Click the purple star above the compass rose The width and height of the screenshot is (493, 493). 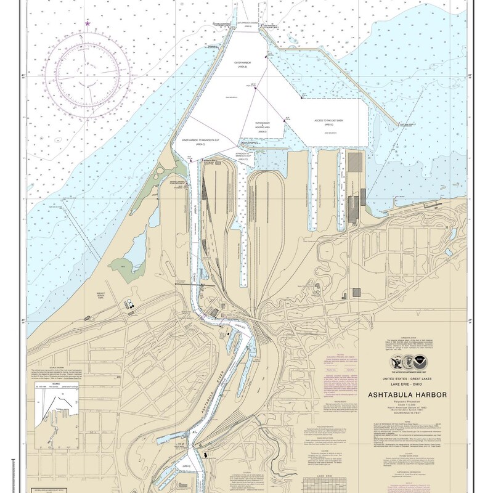(x=88, y=23)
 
